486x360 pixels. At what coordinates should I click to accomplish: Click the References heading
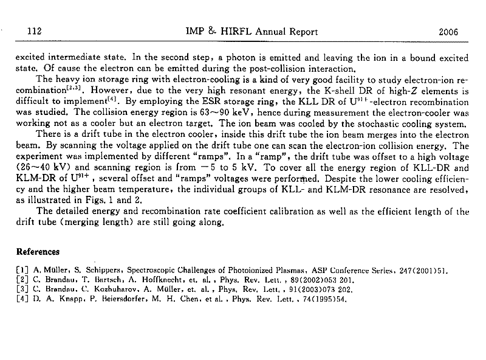(38, 251)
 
